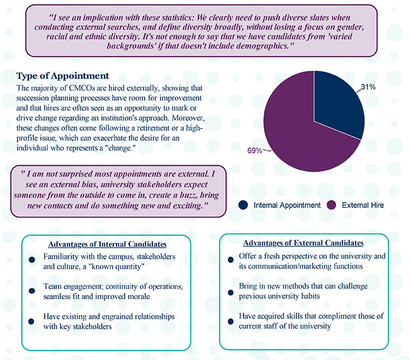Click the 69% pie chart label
(254, 150)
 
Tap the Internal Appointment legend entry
(280, 205)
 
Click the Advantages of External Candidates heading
(304, 242)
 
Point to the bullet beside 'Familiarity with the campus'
(32, 260)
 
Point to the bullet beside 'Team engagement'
(32, 289)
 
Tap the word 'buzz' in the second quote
(157, 197)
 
